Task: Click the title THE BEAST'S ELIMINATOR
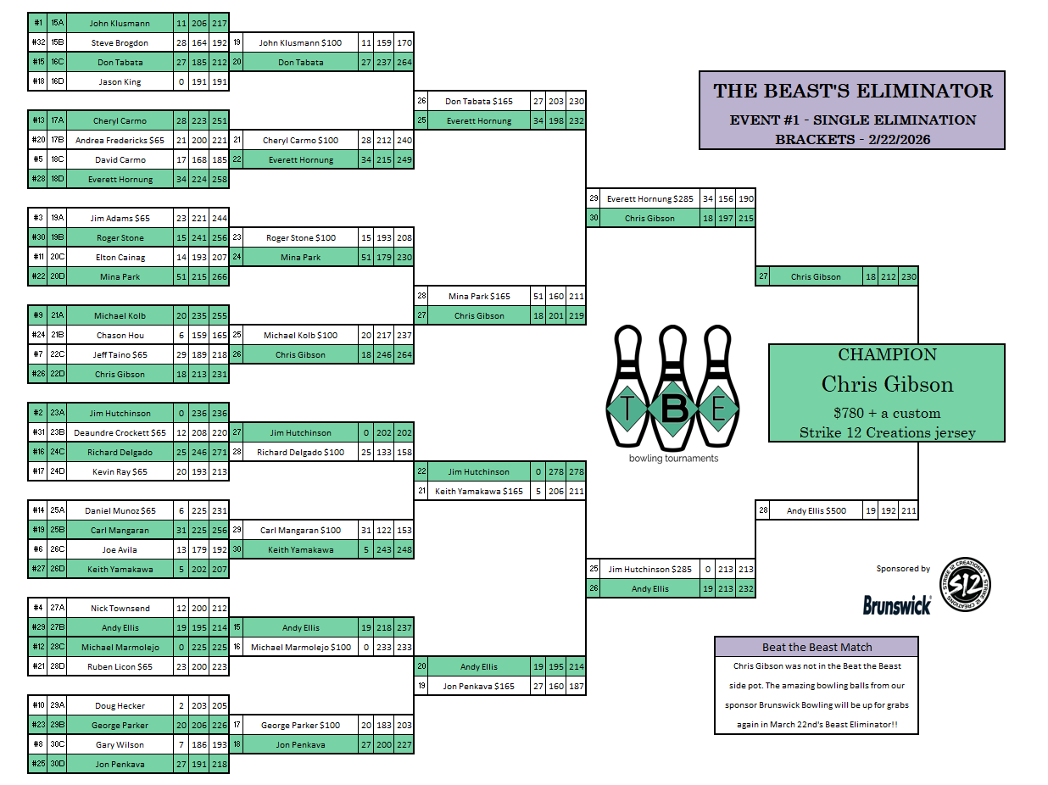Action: coord(852,91)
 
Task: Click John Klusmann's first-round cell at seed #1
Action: coord(119,23)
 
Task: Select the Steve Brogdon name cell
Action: coord(119,42)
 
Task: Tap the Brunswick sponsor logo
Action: coord(897,604)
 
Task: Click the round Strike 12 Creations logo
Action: coord(965,584)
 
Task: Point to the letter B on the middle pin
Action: coord(673,409)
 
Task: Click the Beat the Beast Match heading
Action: coord(817,647)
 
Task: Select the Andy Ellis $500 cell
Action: coord(816,510)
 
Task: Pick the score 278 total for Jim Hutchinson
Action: coord(577,471)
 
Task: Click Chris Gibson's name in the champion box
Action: coord(887,384)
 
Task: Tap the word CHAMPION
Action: coord(887,355)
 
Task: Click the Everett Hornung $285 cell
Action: coord(649,198)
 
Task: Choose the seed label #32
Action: coord(38,42)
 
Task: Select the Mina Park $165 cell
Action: coord(479,296)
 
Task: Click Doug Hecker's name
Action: coord(119,705)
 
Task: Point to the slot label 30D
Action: coord(57,764)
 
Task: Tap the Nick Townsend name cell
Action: coord(119,608)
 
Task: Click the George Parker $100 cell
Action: coord(300,725)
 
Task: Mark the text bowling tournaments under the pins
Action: coord(673,459)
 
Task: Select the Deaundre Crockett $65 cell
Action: coord(119,432)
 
